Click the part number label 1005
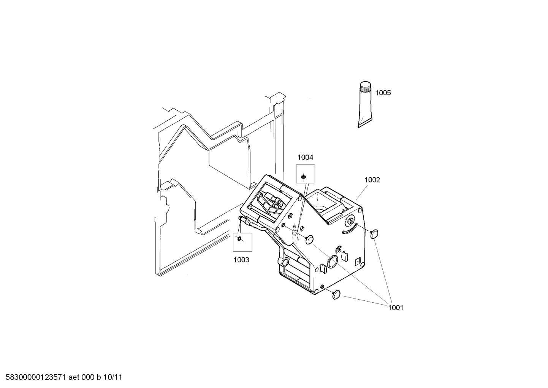[x=383, y=93]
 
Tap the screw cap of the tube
[x=365, y=88]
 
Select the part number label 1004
[x=305, y=157]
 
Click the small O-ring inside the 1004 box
[x=303, y=176]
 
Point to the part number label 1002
[x=372, y=180]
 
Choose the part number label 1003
[x=241, y=260]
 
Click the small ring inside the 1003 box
[x=239, y=238]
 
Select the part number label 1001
[x=396, y=308]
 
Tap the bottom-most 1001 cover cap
[x=336, y=294]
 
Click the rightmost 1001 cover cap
[x=374, y=233]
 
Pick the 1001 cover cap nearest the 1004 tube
[x=309, y=239]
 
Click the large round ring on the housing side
[x=333, y=262]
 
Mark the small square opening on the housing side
[x=358, y=262]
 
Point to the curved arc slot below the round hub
[x=348, y=231]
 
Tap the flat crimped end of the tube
[x=365, y=125]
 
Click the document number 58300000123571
[x=36, y=377]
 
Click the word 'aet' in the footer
[x=74, y=377]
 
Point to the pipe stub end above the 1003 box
[x=241, y=218]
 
